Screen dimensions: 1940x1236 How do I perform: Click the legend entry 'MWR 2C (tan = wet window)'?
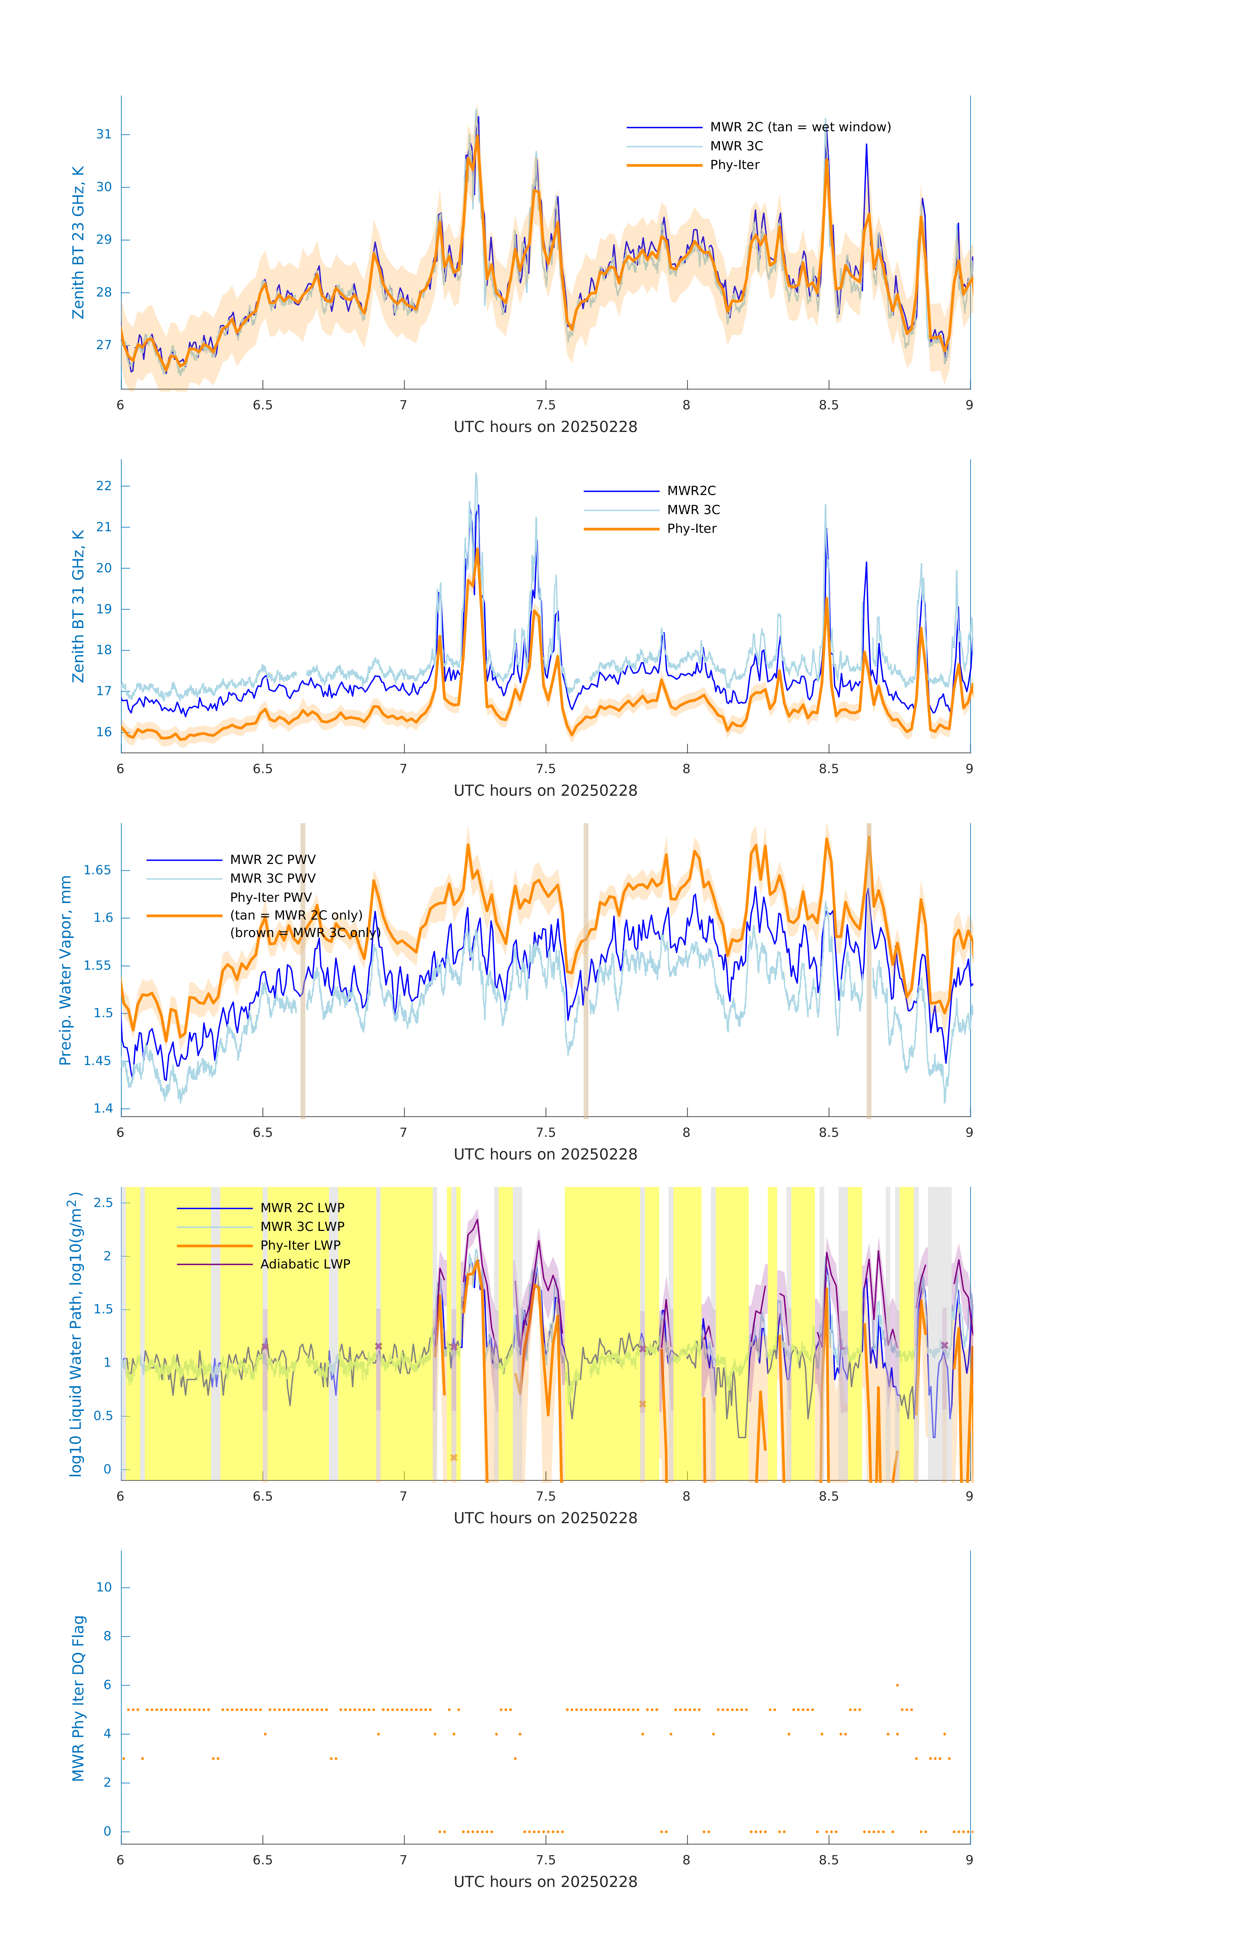pyautogui.click(x=799, y=127)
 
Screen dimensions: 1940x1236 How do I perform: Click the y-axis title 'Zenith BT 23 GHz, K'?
pyautogui.click(x=78, y=242)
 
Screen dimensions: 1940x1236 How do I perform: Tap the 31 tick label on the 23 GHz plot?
pyautogui.click(x=104, y=135)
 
